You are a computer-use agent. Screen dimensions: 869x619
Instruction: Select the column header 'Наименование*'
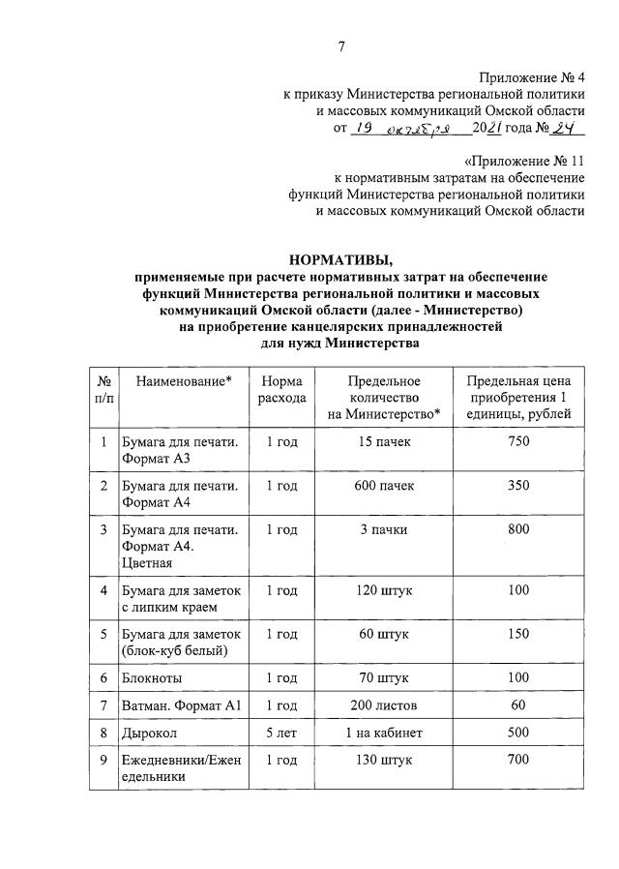coord(184,382)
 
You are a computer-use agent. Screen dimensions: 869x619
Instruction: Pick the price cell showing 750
coord(518,441)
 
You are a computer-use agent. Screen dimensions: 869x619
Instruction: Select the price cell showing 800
coord(518,529)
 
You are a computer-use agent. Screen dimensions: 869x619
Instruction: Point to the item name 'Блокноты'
coord(152,678)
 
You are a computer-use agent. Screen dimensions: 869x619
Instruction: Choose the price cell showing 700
coord(518,760)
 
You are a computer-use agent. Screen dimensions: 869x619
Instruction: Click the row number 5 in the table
coord(103,634)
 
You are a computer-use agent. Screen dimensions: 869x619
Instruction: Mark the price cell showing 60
coord(518,705)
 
